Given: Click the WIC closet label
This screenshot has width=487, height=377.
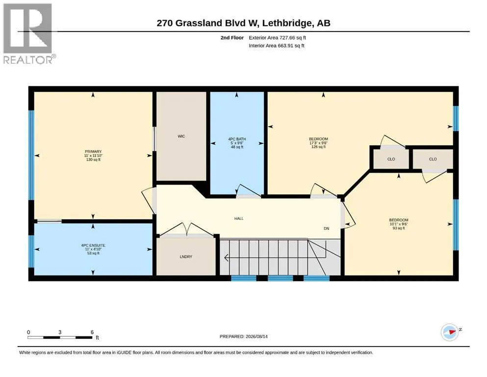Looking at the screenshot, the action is tap(181, 136).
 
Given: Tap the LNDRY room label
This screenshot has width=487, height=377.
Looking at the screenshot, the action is tap(186, 257).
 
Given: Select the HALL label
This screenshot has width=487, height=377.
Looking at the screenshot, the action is tap(239, 218).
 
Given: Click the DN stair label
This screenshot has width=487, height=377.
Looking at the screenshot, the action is tap(327, 228).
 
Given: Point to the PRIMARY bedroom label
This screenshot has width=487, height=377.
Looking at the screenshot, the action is tap(93, 152).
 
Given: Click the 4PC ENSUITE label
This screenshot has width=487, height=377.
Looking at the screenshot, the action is tap(93, 245).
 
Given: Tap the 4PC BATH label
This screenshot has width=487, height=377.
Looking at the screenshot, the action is tap(237, 139).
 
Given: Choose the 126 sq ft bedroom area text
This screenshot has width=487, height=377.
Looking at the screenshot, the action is tap(318, 147).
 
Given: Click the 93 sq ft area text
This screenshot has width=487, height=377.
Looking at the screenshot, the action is tap(399, 228).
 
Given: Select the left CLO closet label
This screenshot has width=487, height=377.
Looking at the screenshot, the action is tap(391, 159).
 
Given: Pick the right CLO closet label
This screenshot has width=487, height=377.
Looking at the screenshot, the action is tap(433, 159).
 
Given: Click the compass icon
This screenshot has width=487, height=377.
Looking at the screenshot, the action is tap(450, 332).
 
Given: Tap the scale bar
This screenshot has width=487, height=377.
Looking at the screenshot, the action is tap(60, 337).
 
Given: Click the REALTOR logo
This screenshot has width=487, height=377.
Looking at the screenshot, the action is tap(28, 33).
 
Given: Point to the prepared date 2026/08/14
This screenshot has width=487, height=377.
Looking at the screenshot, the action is tap(256, 336).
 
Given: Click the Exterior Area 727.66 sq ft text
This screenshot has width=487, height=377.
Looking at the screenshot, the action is tap(278, 38).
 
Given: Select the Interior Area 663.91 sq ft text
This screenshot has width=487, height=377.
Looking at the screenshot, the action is tap(277, 46).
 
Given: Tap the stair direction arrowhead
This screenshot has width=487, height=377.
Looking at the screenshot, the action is tap(227, 258).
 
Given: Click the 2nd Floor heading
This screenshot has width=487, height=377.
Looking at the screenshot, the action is tap(232, 38).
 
